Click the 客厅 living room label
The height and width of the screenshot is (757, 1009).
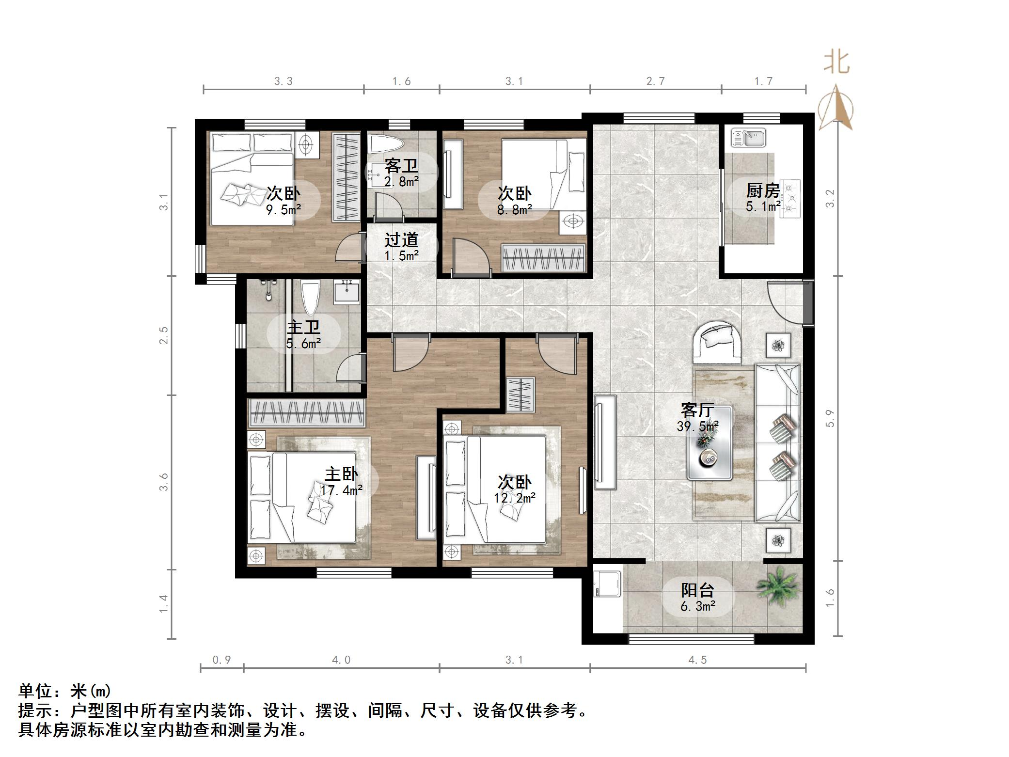tap(697, 410)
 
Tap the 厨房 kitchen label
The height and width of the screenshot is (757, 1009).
tap(762, 191)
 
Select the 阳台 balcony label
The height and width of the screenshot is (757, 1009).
tap(697, 590)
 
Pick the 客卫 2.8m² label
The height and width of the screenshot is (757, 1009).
tap(401, 173)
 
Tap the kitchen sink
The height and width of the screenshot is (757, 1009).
tap(748, 138)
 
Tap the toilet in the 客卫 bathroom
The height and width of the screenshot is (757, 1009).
tap(386, 144)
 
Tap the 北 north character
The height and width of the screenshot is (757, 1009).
tap(836, 63)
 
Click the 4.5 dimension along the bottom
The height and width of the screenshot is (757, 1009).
tap(697, 660)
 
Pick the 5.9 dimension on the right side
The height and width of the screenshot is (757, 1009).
tap(830, 418)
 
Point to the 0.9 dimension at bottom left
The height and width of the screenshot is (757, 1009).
tap(221, 660)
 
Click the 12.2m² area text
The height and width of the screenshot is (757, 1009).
tap(514, 498)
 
